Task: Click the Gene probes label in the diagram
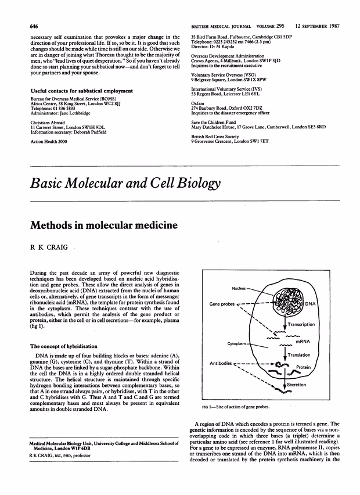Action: [222, 303]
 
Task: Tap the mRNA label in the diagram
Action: [302, 342]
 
